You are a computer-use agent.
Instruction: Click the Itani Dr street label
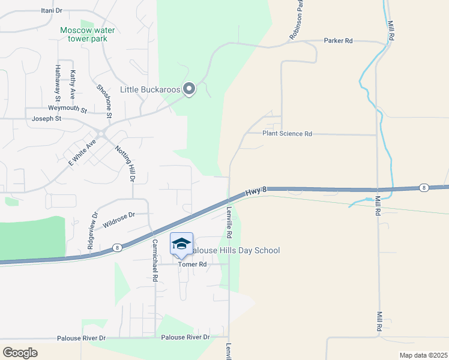[52, 11]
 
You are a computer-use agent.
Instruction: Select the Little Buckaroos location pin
[189, 89]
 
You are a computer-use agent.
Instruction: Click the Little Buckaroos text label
[150, 89]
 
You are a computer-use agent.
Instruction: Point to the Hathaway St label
[58, 82]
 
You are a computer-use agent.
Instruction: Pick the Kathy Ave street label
[73, 85]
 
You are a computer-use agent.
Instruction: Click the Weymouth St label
[68, 109]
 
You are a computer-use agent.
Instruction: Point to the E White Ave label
[82, 153]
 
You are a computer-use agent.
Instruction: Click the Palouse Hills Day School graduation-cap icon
[181, 244]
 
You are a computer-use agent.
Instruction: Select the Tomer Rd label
[193, 264]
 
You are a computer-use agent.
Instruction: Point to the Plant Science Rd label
[287, 134]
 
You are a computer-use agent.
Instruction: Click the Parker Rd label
[338, 41]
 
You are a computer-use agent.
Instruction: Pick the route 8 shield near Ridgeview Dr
[117, 247]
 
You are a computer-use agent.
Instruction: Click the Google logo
[20, 353]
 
